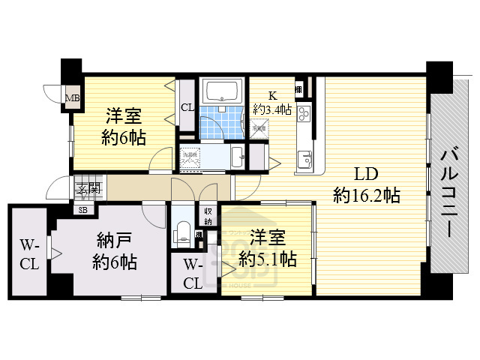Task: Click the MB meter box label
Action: [x=73, y=98]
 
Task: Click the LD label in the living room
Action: [x=365, y=175]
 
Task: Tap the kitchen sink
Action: [x=304, y=159]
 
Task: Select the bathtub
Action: [x=222, y=91]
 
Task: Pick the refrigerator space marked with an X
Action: [x=259, y=128]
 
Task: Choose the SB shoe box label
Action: [x=82, y=209]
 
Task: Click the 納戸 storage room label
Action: [x=115, y=241]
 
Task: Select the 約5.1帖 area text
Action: [x=267, y=259]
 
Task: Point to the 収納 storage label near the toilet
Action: [x=208, y=217]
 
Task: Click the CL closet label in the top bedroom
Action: [x=187, y=107]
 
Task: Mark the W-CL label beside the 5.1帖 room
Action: [x=193, y=274]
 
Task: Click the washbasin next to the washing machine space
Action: [x=237, y=157]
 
